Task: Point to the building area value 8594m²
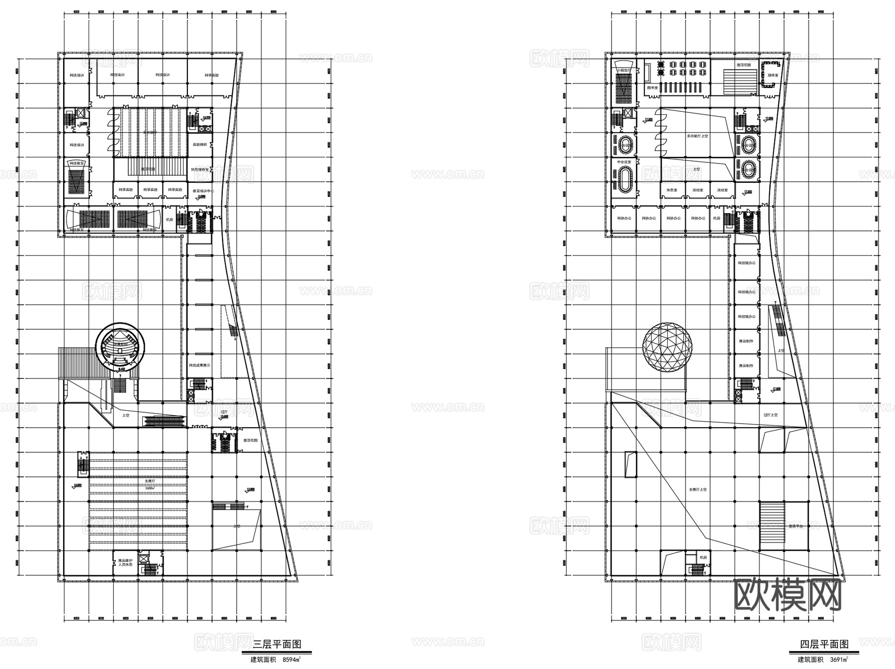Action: coord(292,660)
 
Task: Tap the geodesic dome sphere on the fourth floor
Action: coord(667,346)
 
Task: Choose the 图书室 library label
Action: coord(652,87)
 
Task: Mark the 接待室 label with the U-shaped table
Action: coord(772,75)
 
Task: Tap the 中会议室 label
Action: coord(624,162)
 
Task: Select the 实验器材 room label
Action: coord(199,145)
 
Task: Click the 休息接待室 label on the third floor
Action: coord(199,169)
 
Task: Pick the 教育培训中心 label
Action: coord(200,190)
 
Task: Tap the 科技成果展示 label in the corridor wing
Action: coord(199,365)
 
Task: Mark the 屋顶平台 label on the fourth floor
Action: coord(796,526)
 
